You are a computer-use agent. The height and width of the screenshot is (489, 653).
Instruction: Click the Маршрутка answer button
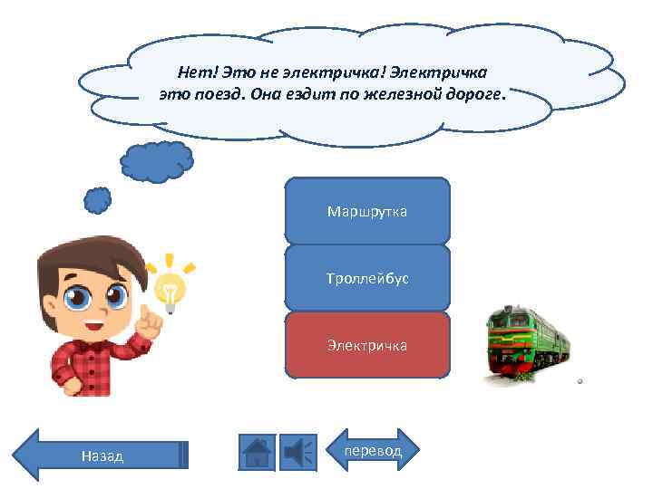pos(367,211)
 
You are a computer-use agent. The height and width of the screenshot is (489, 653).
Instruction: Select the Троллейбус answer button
pos(367,278)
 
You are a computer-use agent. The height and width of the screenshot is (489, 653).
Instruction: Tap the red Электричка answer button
pos(367,345)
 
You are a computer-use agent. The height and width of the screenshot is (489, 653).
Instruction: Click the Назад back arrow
pos(100,455)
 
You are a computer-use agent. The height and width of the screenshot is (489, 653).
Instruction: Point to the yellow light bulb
pos(170,290)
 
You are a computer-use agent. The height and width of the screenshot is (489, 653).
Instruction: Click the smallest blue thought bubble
pos(98,200)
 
